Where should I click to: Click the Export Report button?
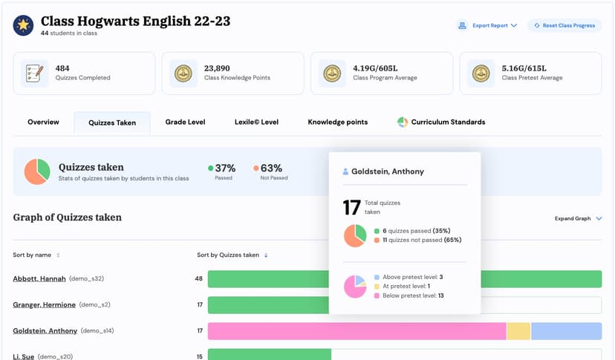[x=487, y=25]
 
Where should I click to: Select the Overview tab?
[x=43, y=122]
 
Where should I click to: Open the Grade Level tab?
[x=185, y=122]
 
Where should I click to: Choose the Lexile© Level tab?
[x=256, y=122]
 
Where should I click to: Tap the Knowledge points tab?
[x=337, y=122]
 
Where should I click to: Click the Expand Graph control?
[x=578, y=218]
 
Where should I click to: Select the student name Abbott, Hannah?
[x=39, y=278]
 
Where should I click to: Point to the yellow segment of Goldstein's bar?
[x=518, y=331]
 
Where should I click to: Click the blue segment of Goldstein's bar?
[x=566, y=331]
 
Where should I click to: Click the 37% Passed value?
[x=224, y=168]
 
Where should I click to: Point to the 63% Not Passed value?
[x=271, y=168]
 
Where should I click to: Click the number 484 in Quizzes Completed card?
[x=62, y=68]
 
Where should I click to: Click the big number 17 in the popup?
[x=351, y=207]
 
